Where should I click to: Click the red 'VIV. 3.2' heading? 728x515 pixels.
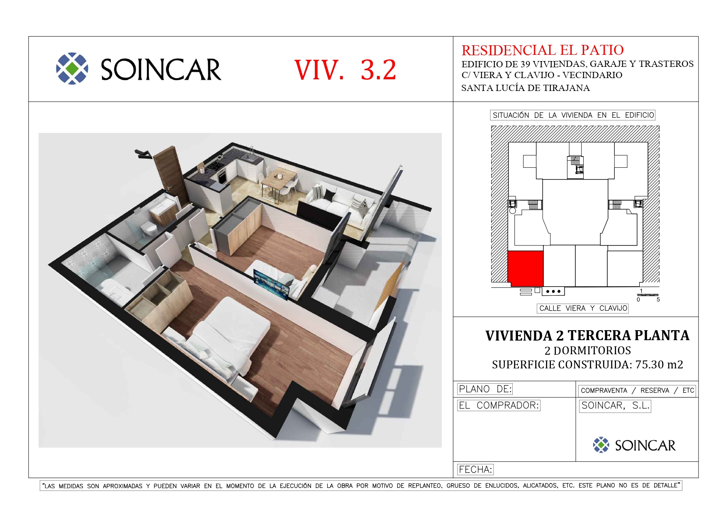(345, 70)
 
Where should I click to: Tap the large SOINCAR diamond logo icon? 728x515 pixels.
(72, 69)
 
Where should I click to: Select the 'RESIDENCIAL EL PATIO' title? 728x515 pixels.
(543, 50)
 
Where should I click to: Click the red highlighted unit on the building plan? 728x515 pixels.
(526, 268)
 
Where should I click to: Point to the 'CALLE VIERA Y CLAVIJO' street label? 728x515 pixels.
(583, 308)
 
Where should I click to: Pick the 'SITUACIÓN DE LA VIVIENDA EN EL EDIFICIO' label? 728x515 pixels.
(573, 115)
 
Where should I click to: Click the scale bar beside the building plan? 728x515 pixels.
(648, 295)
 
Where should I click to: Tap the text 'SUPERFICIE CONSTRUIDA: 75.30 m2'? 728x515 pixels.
(587, 365)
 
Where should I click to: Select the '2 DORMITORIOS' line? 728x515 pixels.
(587, 351)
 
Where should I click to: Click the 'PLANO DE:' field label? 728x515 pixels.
(485, 389)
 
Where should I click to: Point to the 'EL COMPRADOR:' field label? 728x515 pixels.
(499, 405)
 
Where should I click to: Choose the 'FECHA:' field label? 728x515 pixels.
(475, 470)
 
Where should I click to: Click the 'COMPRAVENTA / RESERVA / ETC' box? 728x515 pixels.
(637, 390)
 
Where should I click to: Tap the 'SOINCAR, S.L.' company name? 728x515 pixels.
(615, 406)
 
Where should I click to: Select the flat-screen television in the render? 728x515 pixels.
(270, 284)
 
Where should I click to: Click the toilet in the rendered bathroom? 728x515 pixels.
(149, 228)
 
